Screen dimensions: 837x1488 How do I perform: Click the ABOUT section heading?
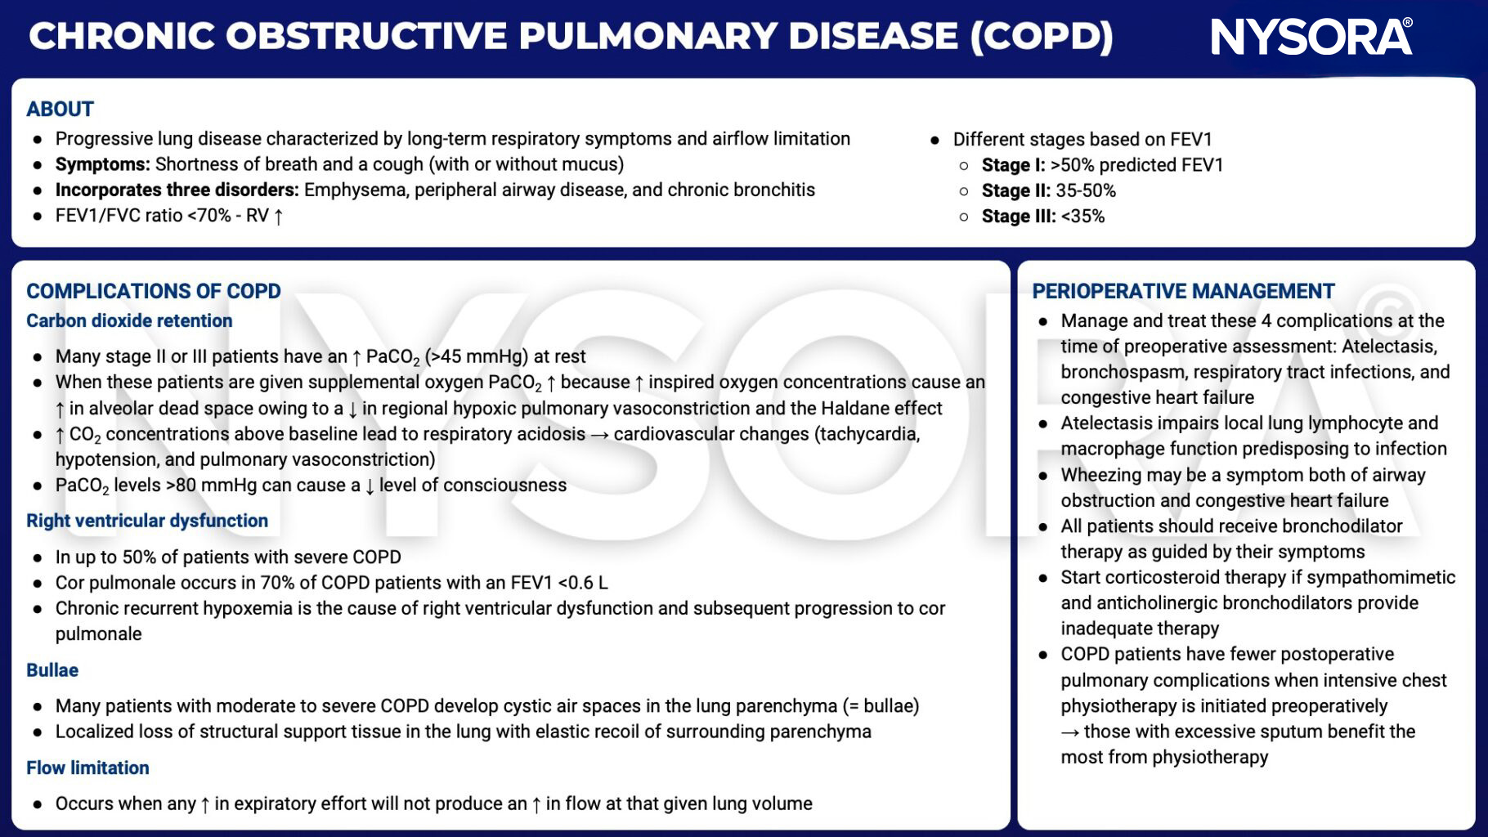tap(60, 109)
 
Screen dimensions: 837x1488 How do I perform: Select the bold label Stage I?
tap(1013, 165)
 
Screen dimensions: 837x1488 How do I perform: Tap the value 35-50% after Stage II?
tap(1085, 190)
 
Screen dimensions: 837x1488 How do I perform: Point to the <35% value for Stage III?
tap(1082, 217)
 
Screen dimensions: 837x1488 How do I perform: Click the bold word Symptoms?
tap(102, 164)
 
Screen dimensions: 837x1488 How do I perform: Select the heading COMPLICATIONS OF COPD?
tap(153, 291)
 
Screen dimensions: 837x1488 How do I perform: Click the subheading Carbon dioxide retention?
tap(129, 320)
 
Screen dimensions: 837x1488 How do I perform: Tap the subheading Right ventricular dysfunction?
tap(147, 521)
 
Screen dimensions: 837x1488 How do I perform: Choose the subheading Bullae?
tap(52, 670)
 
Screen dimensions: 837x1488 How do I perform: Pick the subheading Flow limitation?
tap(87, 768)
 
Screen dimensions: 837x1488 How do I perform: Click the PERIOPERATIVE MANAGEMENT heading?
tap(1182, 291)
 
